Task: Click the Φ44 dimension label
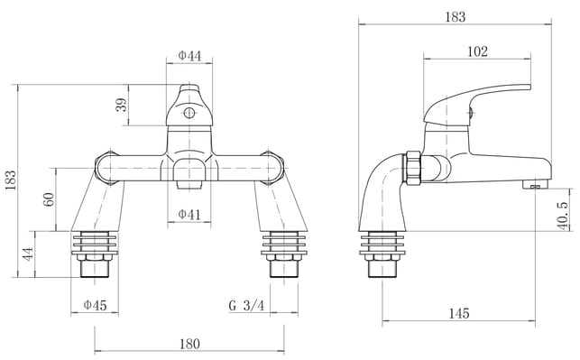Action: tap(189, 56)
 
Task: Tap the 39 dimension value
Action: tap(122, 105)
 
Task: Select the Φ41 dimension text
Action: tap(189, 214)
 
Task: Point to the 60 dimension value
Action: tap(49, 199)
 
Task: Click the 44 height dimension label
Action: tap(28, 254)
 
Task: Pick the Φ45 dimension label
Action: tap(95, 305)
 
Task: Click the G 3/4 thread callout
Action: tap(247, 306)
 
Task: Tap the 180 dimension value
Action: tap(189, 344)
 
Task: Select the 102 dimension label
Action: tap(477, 51)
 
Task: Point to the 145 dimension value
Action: tap(459, 314)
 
